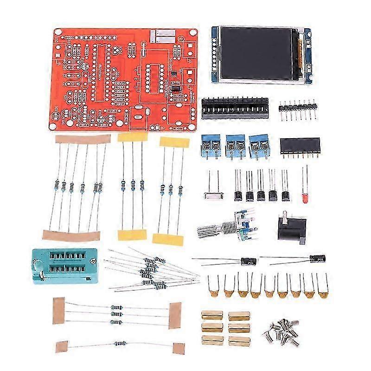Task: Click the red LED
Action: tap(305, 199)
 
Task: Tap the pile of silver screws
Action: tap(281, 331)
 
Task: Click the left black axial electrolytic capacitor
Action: tap(248, 261)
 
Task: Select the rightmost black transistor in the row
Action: tap(286, 195)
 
